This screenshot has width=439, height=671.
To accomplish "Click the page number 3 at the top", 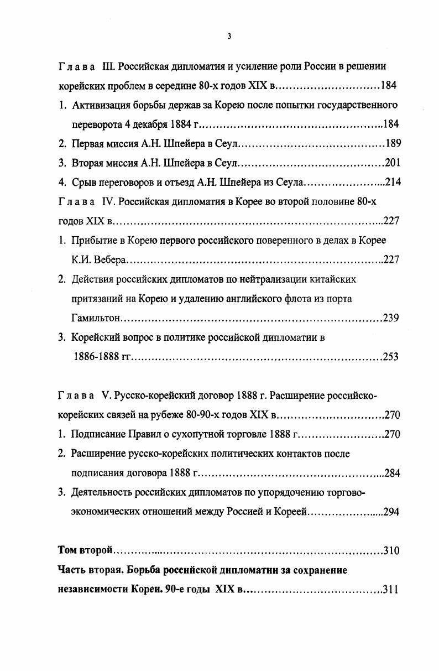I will [229, 37].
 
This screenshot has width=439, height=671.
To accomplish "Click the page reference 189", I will [393, 144].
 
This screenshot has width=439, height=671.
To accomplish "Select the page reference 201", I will [392, 163].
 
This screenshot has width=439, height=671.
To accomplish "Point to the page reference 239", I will [391, 318].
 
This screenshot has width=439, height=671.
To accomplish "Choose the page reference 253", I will [390, 357].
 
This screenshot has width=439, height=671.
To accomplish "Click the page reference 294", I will [391, 512].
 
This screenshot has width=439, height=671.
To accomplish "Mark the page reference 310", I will [391, 551].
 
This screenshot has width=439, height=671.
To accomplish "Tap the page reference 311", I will [390, 590].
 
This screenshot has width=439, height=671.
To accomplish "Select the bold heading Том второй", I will [85, 551].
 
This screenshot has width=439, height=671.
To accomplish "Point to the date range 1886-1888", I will [96, 357].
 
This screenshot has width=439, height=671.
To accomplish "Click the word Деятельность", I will [102, 492].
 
